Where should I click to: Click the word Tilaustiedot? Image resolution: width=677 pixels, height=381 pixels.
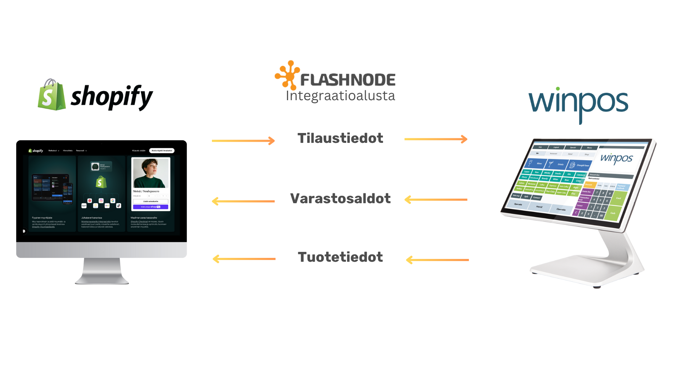coord(340,138)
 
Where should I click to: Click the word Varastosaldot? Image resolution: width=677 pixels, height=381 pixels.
coord(340,199)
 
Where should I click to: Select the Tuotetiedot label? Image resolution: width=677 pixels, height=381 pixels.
coord(340,257)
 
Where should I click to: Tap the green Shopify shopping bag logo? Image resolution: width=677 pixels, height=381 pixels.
coord(52,95)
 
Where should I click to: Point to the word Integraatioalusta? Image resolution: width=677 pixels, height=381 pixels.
coord(340,96)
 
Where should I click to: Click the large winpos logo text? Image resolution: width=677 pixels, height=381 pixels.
coord(578,103)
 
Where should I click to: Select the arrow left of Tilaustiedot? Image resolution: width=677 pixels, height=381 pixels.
coord(243,141)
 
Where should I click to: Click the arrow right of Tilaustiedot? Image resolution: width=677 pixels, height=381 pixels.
coord(436,139)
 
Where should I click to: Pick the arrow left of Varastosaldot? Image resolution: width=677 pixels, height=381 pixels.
coord(243,201)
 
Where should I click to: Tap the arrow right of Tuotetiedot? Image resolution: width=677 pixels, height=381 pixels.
coord(437,260)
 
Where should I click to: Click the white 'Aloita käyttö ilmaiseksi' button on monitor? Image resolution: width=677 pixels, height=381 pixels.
coord(162,151)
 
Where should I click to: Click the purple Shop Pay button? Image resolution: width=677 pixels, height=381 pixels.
coord(151,207)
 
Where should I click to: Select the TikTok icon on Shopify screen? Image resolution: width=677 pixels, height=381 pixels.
coord(119,206)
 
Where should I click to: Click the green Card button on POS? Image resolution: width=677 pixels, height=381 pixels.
coord(618,198)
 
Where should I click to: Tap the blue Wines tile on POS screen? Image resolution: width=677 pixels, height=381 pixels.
coord(536,163)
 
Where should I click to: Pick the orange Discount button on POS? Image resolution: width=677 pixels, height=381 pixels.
coord(589,185)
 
